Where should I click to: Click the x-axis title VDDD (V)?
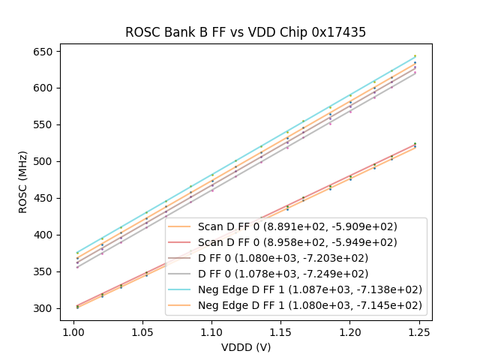[x=245, y=347]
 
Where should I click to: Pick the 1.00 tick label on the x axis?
[x=73, y=330]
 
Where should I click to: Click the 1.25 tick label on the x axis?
[x=419, y=330]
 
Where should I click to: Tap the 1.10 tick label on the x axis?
[x=211, y=330]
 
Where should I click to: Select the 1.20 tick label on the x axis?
[x=349, y=330]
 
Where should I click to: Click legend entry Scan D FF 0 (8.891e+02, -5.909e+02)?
[x=297, y=226]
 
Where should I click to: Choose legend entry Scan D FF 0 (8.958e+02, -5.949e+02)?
[x=297, y=242]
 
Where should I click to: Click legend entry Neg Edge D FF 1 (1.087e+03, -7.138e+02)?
[x=310, y=289]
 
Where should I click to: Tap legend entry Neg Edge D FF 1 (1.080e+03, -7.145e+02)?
[x=310, y=305]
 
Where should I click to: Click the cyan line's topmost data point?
[x=415, y=56]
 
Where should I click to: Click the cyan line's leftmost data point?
[x=76, y=253]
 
